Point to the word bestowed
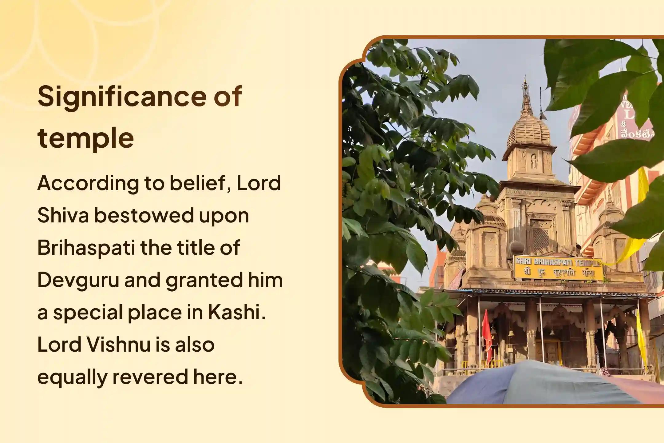click(144, 215)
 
